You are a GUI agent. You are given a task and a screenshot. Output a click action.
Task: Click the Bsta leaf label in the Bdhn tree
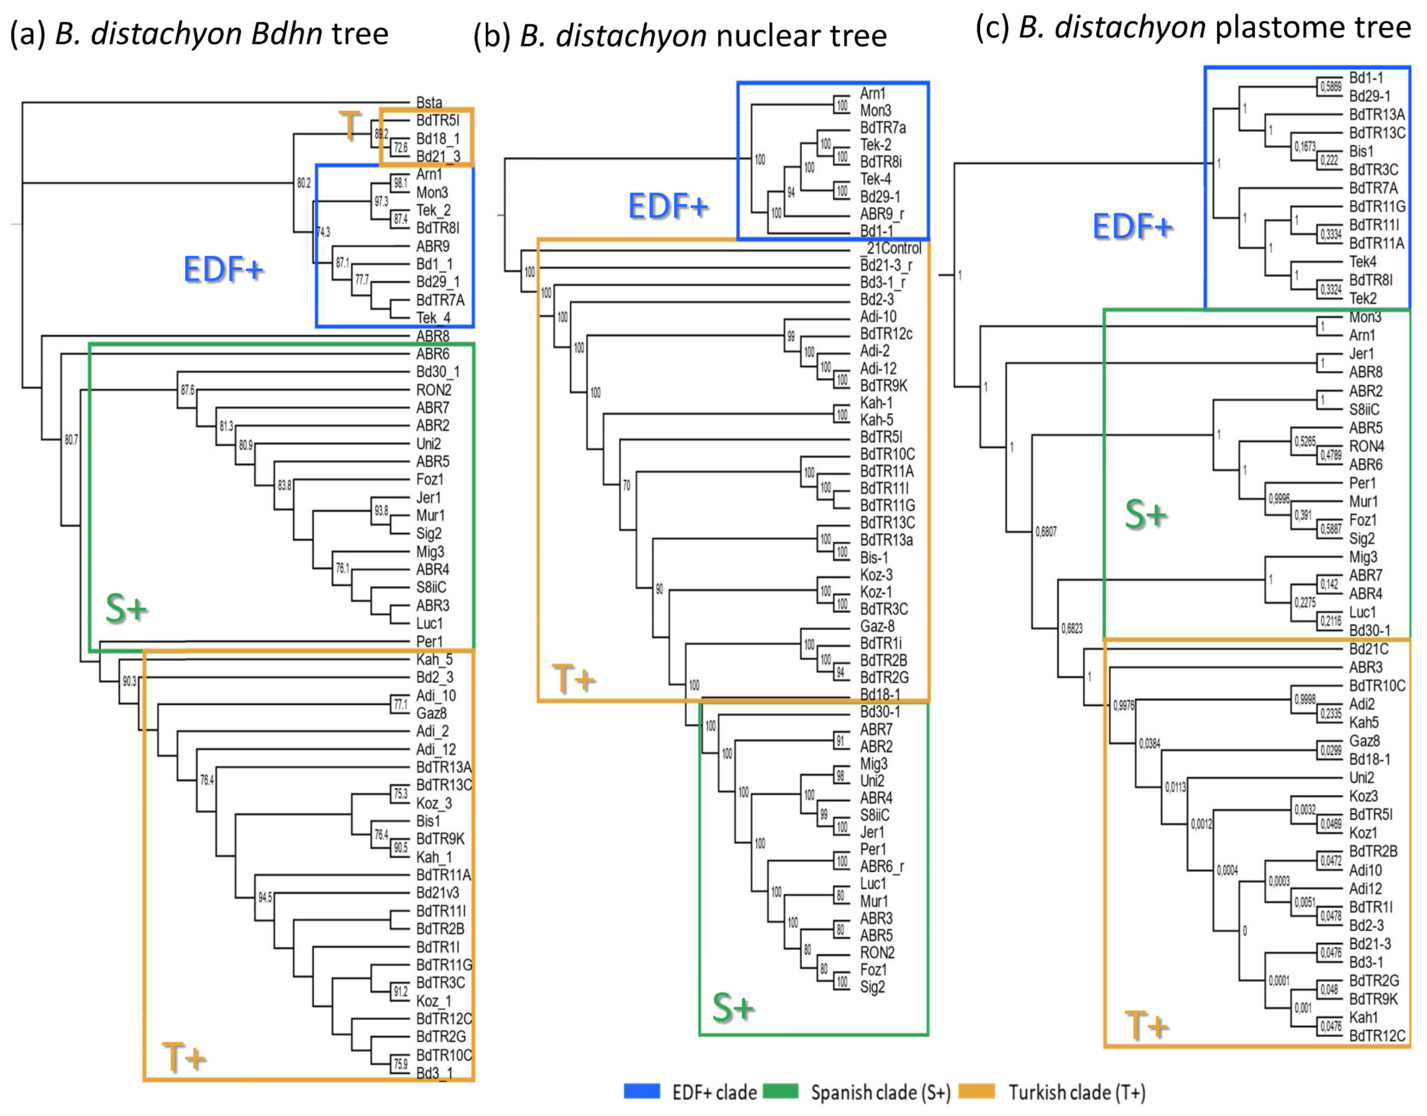point(429,103)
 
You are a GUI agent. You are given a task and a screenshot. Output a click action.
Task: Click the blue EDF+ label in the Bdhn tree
point(223,269)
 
